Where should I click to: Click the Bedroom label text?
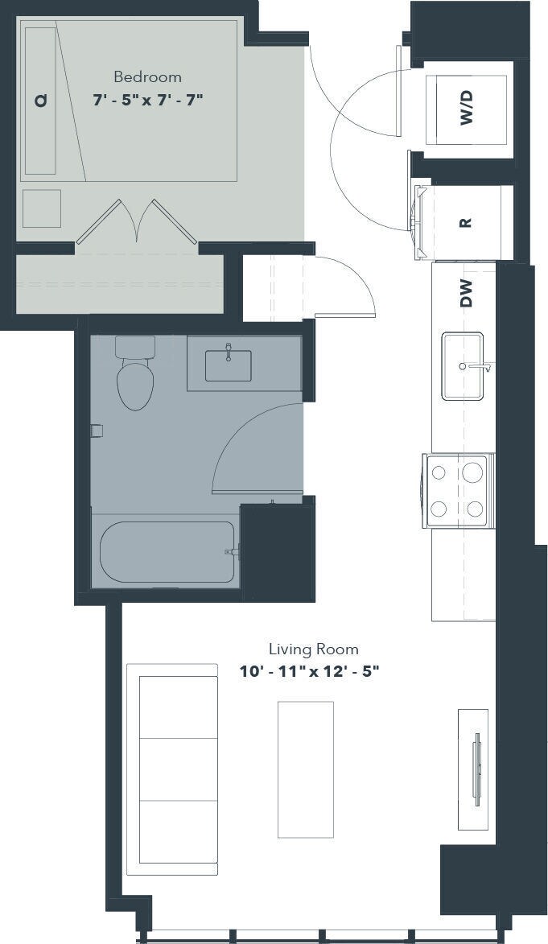(147, 77)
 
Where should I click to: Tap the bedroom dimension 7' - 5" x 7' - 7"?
(147, 99)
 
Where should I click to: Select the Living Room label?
(313, 649)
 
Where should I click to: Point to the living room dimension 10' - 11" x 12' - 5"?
(310, 671)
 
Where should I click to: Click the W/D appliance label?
(467, 108)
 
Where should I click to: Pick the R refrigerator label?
(465, 222)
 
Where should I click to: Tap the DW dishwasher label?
(467, 293)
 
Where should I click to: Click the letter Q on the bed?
(40, 101)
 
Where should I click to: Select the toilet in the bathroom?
(135, 373)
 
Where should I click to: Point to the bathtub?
(167, 552)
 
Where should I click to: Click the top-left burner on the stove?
(439, 470)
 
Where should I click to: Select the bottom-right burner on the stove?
(475, 509)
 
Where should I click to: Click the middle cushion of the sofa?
(179, 769)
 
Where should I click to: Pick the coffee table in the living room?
(305, 769)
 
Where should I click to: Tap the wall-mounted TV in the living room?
(478, 769)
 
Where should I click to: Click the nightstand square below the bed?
(42, 209)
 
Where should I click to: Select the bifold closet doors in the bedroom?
(138, 222)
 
